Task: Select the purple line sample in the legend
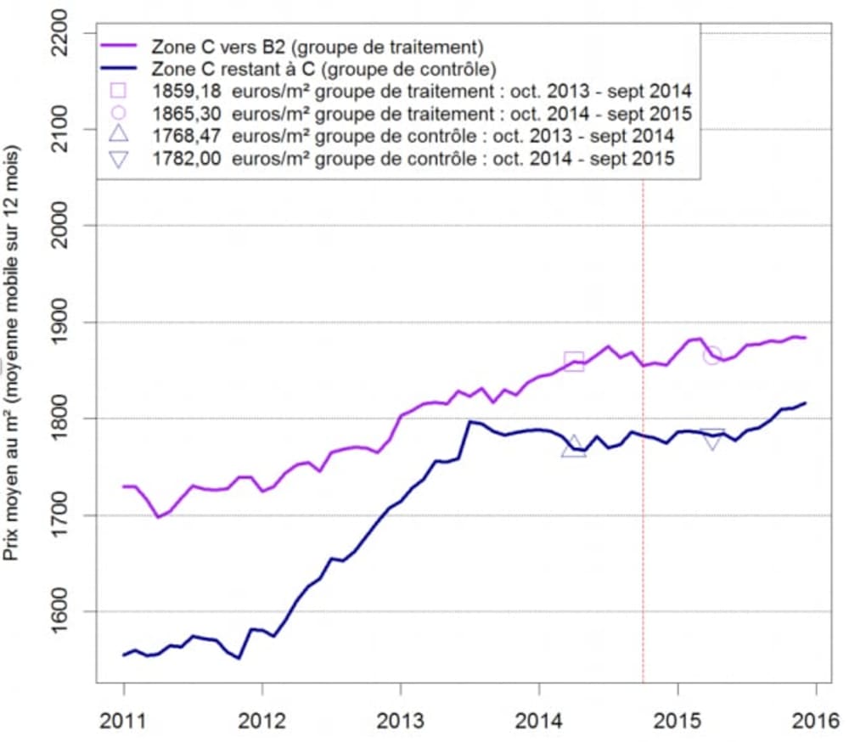[x=118, y=44]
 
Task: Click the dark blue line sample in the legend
[x=118, y=67]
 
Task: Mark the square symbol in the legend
[x=118, y=90]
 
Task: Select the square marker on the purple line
[x=574, y=360]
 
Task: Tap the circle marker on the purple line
[x=712, y=355]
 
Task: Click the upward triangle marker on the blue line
[x=574, y=447]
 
